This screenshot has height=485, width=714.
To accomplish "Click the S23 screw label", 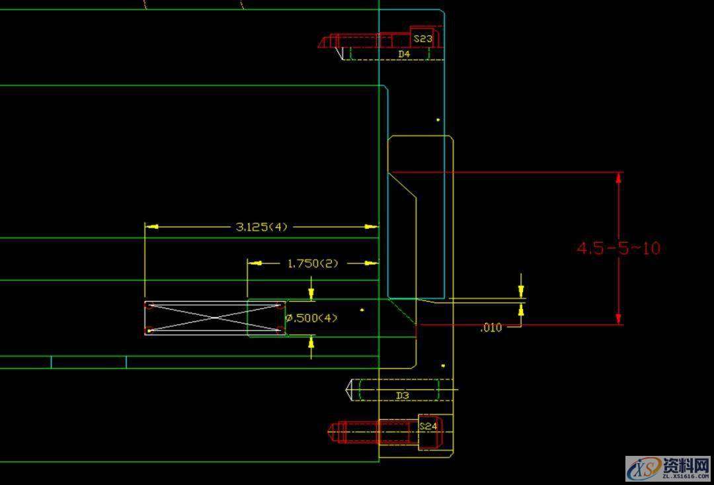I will pos(424,39).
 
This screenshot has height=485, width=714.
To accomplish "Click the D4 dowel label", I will pos(404,54).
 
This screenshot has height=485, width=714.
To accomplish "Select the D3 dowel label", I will pos(403,395).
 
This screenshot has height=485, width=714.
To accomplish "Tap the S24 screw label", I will pos(428,427).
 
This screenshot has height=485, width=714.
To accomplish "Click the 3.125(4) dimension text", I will pos(262,227).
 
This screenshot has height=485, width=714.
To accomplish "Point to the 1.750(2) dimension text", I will pos(312,263).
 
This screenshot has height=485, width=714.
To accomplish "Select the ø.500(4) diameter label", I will pos(311,318).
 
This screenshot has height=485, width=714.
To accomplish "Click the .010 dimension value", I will pos(491,327).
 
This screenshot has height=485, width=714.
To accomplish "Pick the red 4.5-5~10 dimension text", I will pos(618,248).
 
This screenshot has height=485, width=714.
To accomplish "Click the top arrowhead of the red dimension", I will pos(619,177).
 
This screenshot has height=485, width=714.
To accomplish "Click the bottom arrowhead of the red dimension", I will pos(619,320).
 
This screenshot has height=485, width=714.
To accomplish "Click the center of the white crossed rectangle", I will pos(215,318).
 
